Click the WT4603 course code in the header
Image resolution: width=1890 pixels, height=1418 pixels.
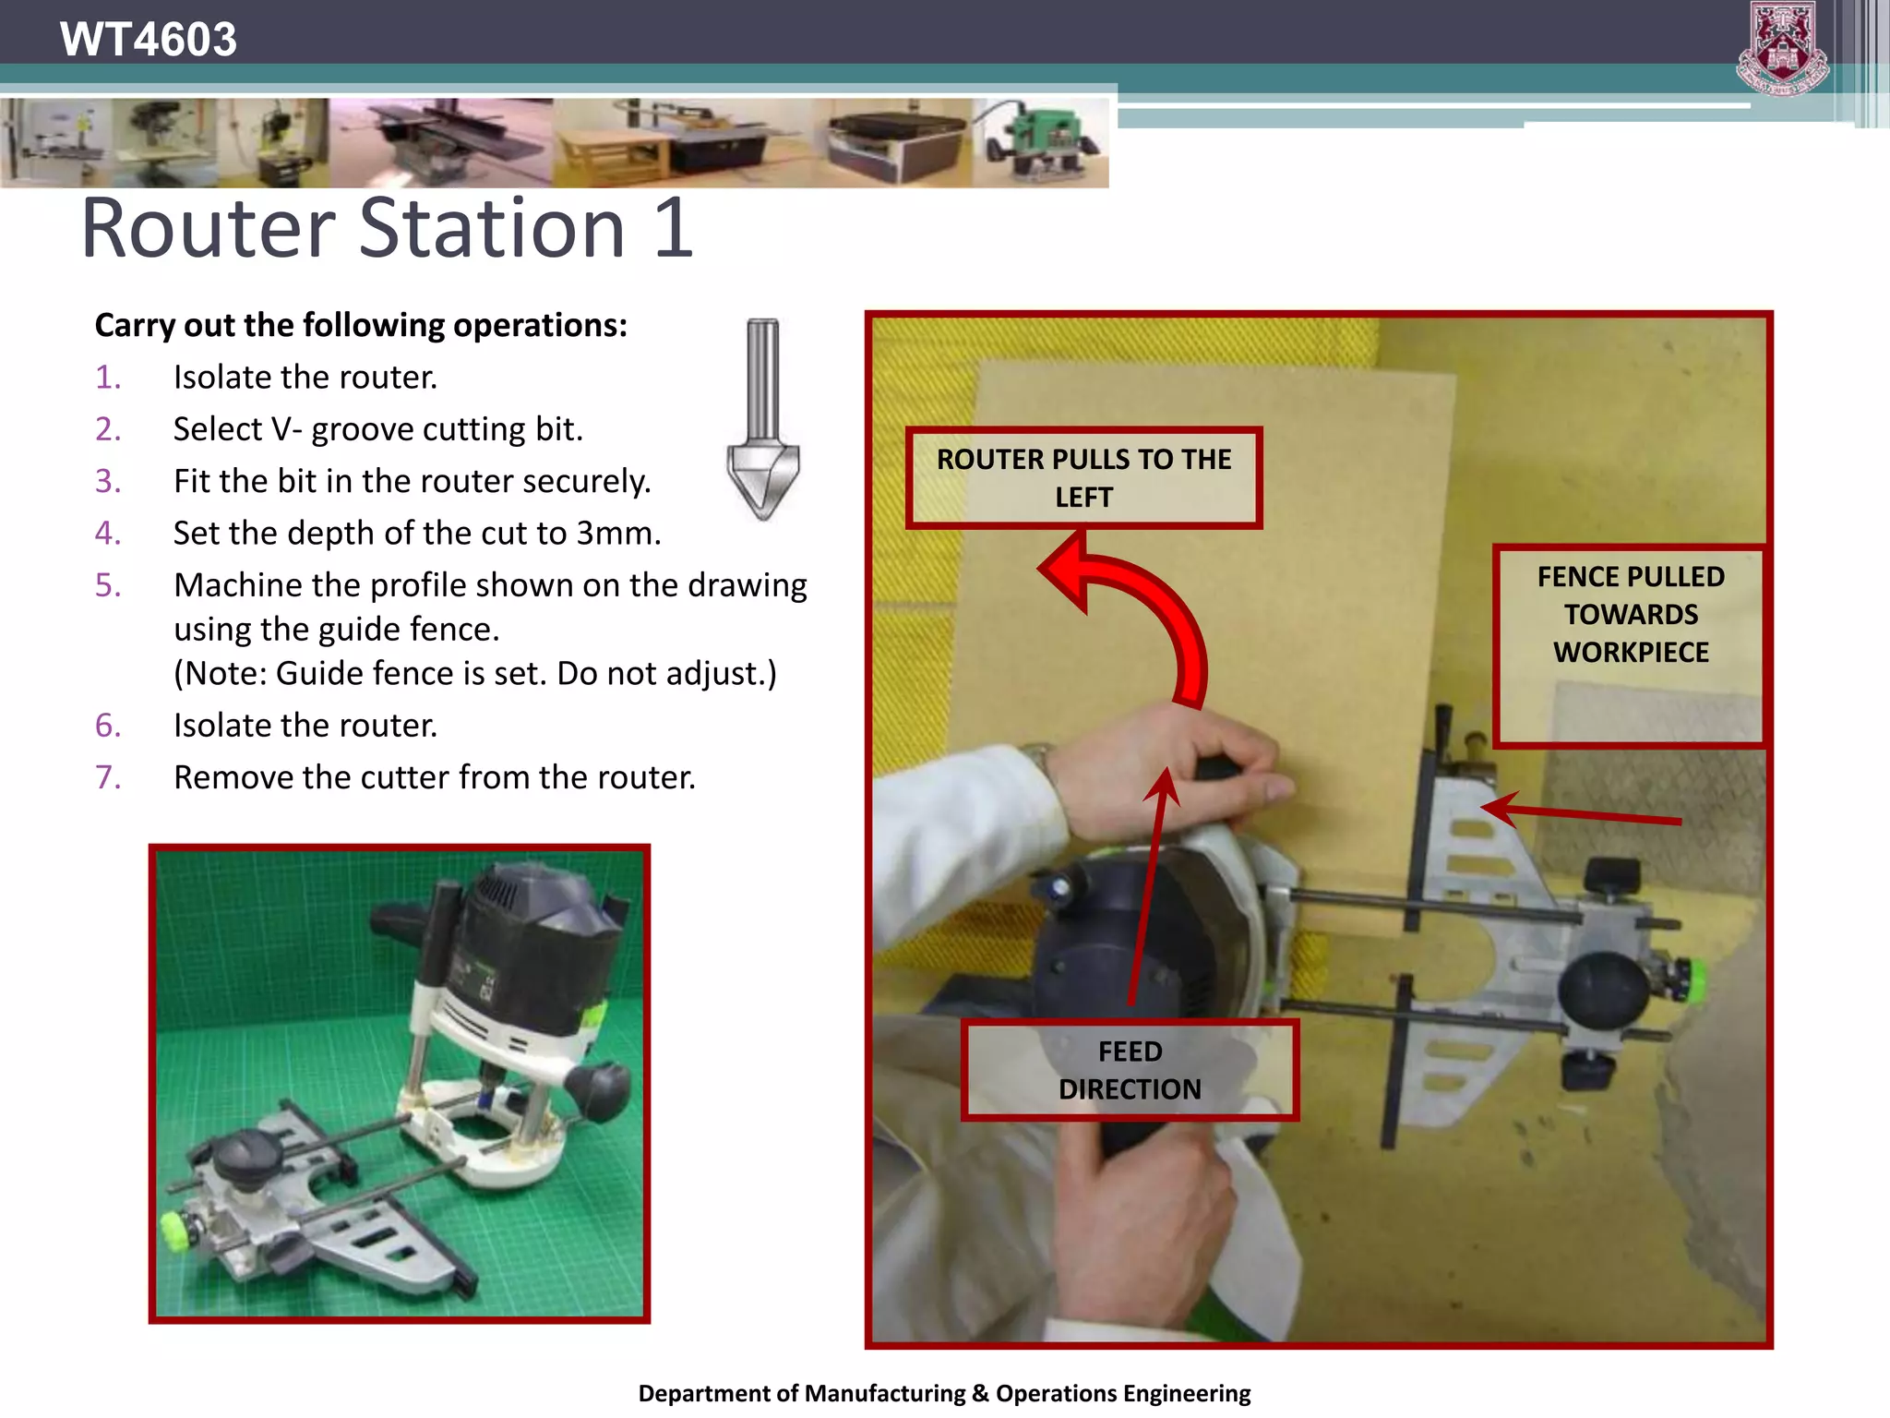[148, 39]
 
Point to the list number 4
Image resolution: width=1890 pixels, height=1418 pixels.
[108, 534]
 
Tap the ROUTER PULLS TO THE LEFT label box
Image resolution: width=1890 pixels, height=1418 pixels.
[1083, 477]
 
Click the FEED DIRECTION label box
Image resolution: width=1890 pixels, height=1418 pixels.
[1130, 1070]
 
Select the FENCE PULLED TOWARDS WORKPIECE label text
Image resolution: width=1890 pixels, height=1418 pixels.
[1631, 614]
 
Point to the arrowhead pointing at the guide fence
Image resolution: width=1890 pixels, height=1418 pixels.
[1499, 809]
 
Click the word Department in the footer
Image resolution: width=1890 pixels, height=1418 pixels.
[708, 1393]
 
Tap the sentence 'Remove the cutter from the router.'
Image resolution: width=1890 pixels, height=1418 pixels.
[434, 777]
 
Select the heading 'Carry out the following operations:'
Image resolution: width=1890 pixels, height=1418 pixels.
[361, 325]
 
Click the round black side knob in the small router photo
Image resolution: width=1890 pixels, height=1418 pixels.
[599, 1090]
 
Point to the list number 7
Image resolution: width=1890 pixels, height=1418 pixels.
[108, 777]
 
